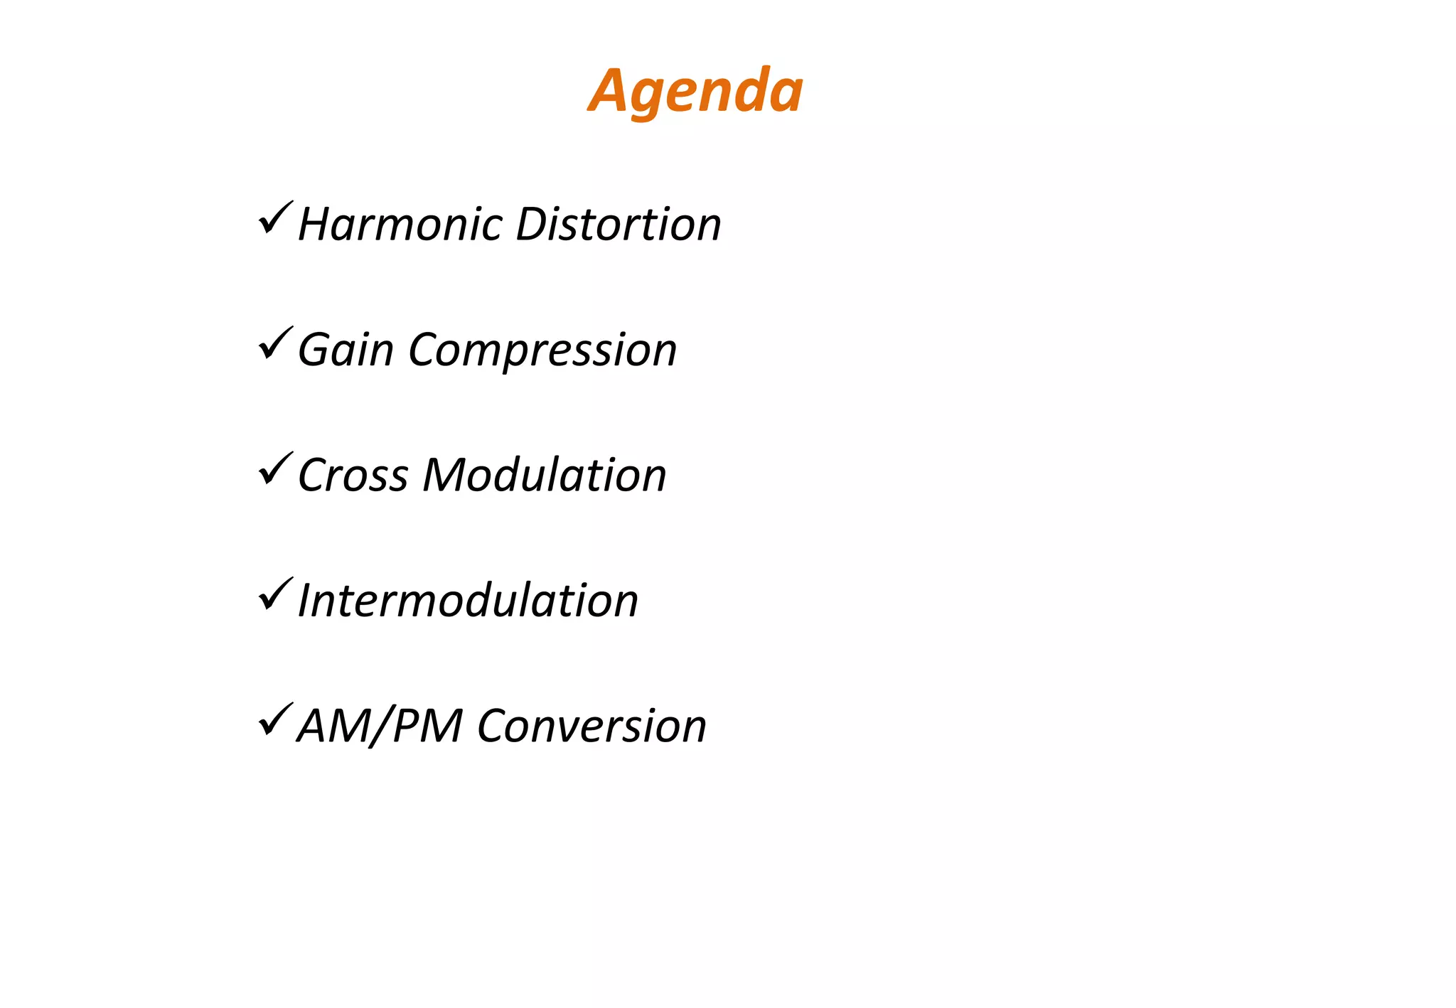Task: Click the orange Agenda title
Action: point(695,91)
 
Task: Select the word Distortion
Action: point(618,225)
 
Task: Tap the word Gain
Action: point(346,350)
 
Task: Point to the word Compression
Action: point(542,350)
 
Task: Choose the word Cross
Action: point(353,475)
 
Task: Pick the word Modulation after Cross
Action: point(545,475)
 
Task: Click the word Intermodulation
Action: point(468,601)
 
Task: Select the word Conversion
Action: point(591,726)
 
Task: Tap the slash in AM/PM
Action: point(380,726)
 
